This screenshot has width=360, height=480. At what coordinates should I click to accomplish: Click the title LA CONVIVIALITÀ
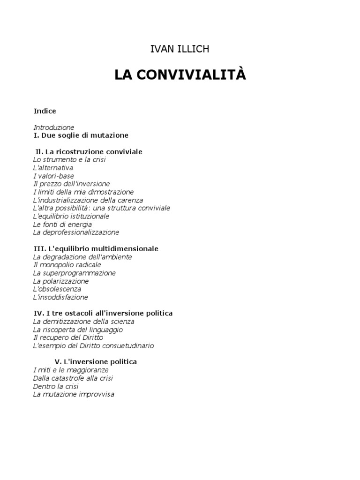(x=180, y=75)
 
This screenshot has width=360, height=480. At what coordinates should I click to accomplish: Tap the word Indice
(x=45, y=111)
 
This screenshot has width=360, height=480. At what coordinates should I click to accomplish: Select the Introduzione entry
(x=54, y=127)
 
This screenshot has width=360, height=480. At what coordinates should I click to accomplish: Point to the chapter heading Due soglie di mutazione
(x=85, y=135)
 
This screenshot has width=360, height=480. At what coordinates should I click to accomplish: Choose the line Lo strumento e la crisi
(x=69, y=160)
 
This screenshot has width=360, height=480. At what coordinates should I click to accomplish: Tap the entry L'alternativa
(x=53, y=168)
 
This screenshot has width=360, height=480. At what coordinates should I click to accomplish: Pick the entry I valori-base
(x=53, y=176)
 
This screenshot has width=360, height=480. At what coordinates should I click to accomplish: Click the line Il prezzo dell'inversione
(x=72, y=184)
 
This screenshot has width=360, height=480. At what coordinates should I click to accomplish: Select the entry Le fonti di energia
(x=62, y=225)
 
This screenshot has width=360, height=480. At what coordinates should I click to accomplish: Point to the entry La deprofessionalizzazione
(x=76, y=232)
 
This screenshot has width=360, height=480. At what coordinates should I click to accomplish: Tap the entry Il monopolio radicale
(x=67, y=265)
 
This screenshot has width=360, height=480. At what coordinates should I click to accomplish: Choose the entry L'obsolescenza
(x=57, y=289)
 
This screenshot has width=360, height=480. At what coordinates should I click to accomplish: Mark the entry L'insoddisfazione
(x=60, y=297)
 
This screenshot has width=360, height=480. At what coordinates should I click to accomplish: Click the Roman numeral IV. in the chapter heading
(x=38, y=313)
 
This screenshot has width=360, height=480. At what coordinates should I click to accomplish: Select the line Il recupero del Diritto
(x=68, y=337)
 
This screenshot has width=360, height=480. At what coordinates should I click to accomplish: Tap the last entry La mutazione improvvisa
(x=74, y=394)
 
